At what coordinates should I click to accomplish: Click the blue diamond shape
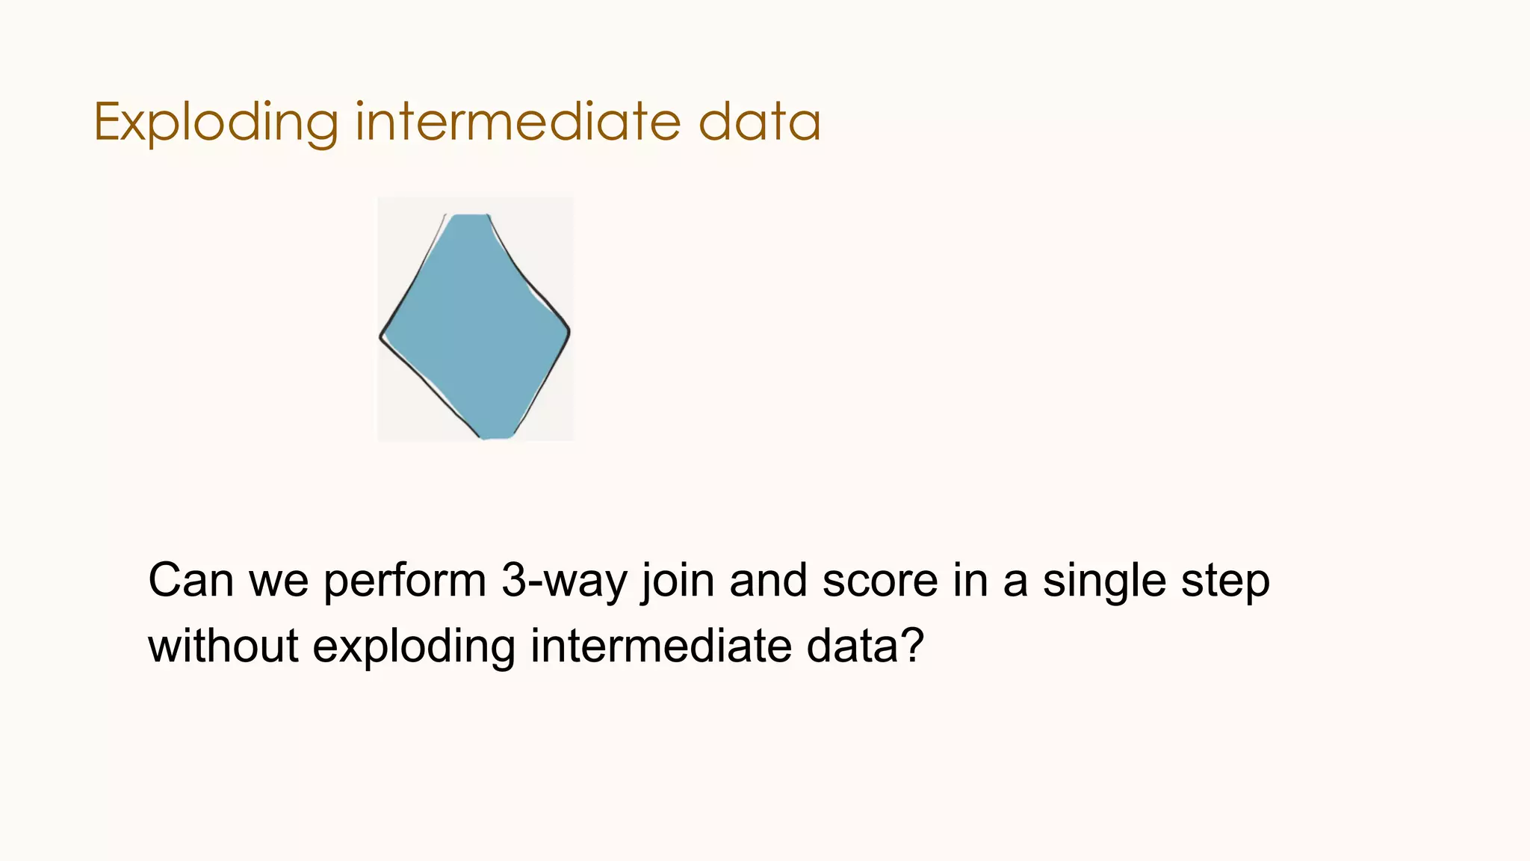click(475, 327)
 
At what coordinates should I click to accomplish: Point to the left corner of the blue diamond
click(382, 337)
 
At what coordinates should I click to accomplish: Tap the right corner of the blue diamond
click(568, 331)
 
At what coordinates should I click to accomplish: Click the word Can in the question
click(191, 581)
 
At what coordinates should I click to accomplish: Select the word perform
click(404, 581)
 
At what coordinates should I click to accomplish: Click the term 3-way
click(564, 581)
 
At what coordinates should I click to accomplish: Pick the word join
click(678, 581)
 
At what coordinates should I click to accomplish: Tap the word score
click(879, 581)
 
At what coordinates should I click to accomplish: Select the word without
click(223, 645)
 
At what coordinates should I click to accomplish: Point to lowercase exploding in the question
click(413, 646)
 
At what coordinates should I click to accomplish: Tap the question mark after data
click(913, 645)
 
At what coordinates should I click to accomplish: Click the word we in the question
click(278, 581)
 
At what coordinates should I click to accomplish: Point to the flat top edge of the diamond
click(471, 216)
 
